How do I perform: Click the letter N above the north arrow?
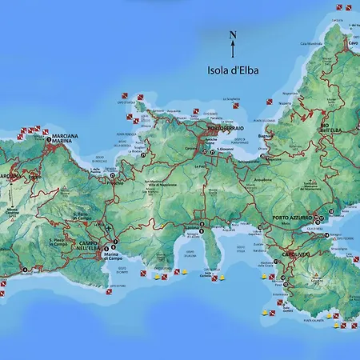click(x=233, y=34)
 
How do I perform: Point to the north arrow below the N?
click(x=233, y=50)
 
